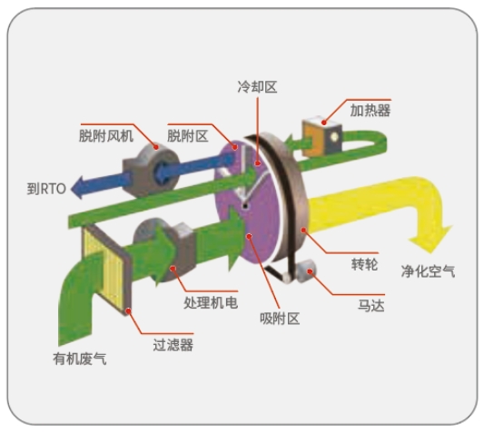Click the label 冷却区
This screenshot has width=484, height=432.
click(x=257, y=87)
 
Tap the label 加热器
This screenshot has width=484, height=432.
click(x=370, y=111)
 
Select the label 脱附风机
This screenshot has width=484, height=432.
click(x=106, y=136)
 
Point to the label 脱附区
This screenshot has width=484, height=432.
click(x=188, y=136)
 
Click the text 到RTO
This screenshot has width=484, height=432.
click(x=46, y=189)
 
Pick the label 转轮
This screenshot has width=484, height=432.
click(x=364, y=264)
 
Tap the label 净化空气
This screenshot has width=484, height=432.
click(x=428, y=271)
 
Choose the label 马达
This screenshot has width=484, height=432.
click(x=371, y=306)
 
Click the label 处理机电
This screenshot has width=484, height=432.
click(x=211, y=303)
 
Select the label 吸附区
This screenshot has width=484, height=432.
click(x=280, y=319)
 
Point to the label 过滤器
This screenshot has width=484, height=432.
click(x=173, y=345)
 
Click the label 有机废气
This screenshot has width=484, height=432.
click(x=80, y=358)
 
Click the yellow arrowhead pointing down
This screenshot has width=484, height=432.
click(x=430, y=241)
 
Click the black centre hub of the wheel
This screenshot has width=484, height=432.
click(x=245, y=206)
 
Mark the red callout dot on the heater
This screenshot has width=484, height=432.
click(x=324, y=123)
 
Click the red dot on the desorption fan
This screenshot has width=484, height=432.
click(x=156, y=147)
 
